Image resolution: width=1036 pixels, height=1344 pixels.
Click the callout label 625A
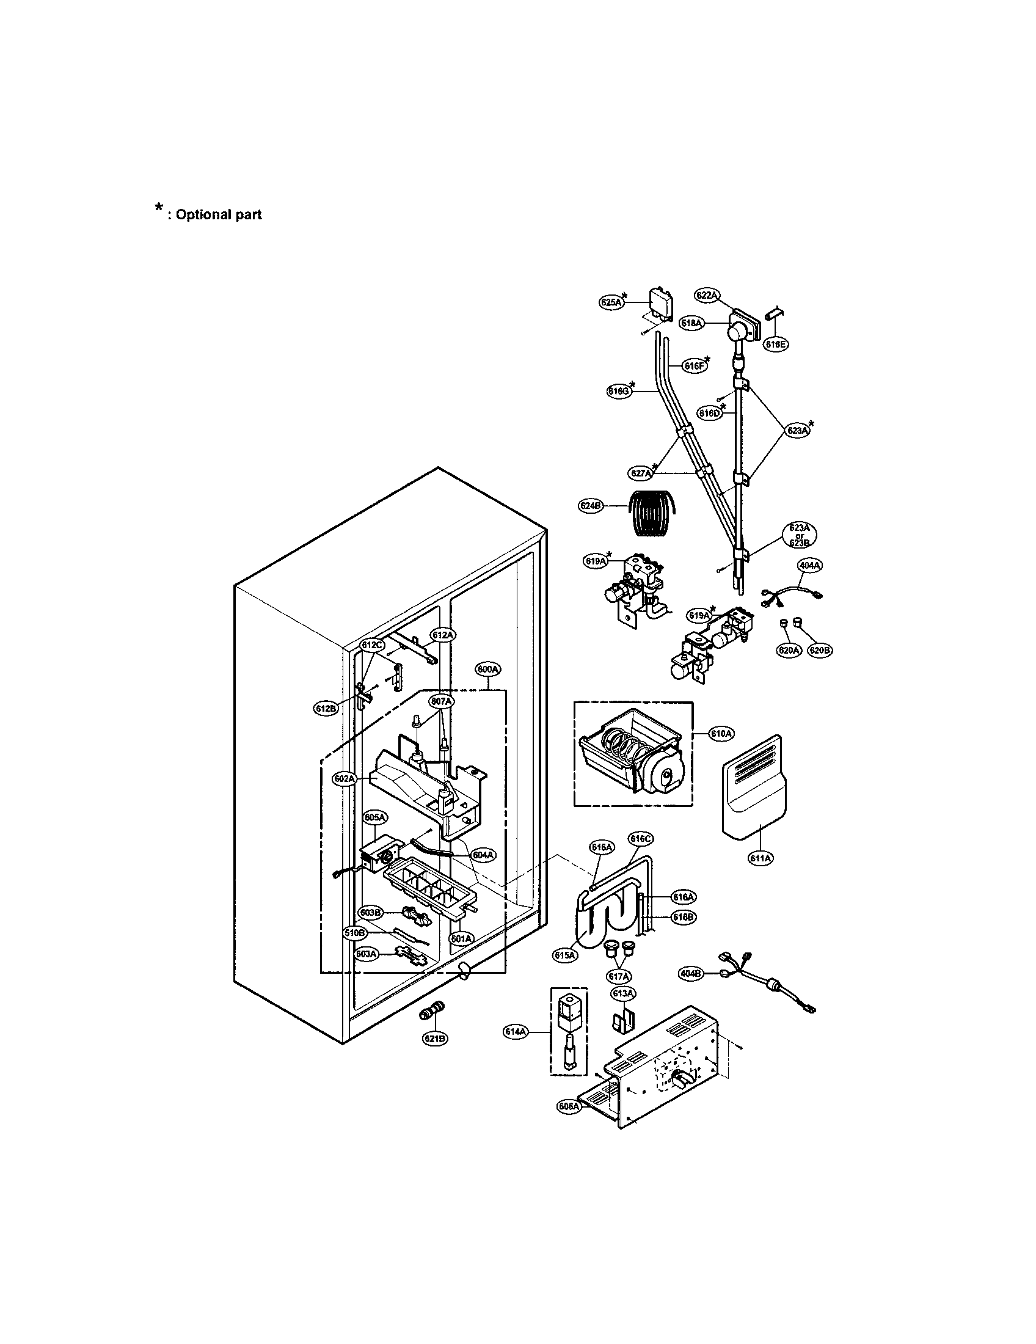[611, 302]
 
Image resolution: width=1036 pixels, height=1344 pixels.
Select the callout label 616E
[776, 345]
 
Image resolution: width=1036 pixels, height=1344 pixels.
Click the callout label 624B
[591, 506]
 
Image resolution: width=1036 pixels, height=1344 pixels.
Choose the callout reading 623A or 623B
[799, 535]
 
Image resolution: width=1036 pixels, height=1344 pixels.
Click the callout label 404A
[809, 564]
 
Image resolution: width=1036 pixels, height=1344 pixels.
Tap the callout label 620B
[819, 651]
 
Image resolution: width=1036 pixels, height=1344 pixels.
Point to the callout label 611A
[761, 858]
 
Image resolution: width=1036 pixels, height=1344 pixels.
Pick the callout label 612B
[326, 708]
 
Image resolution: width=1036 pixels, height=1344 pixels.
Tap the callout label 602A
[345, 778]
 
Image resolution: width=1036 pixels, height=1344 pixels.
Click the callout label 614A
[516, 1032]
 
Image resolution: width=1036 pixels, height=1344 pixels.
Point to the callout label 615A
[564, 954]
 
